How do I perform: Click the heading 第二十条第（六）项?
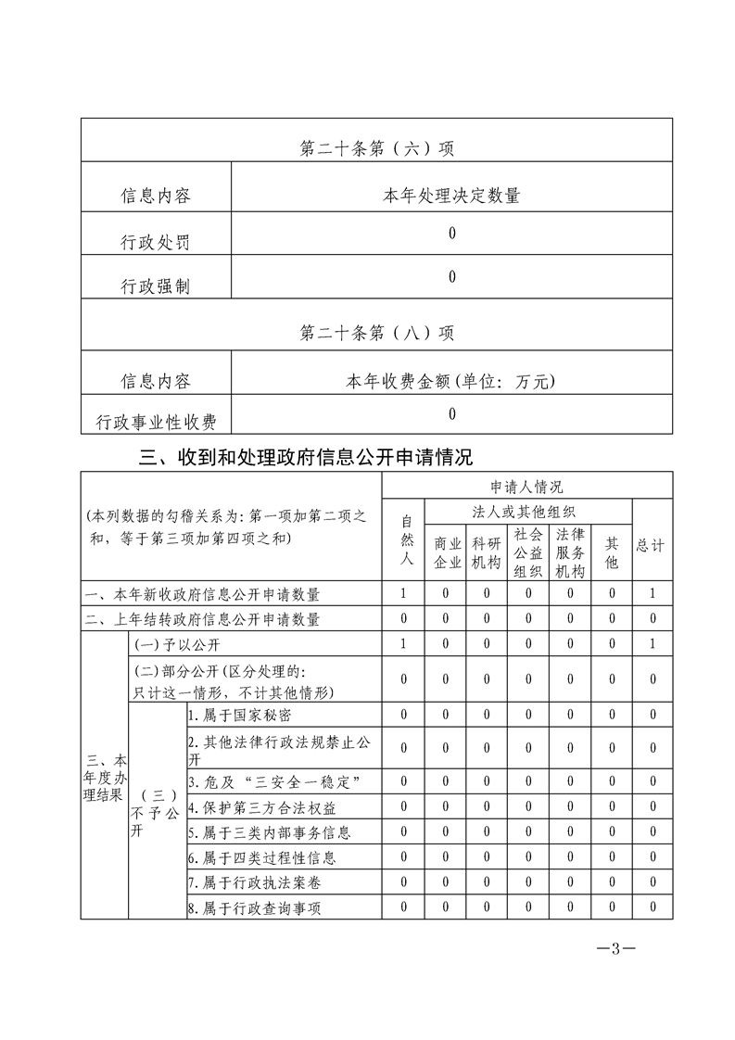pyautogui.click(x=377, y=148)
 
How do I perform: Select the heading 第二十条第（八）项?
pyautogui.click(x=377, y=332)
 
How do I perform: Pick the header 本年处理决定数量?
pyautogui.click(x=451, y=196)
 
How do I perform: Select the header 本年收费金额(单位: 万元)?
pyautogui.click(x=451, y=380)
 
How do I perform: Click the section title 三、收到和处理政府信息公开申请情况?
pyautogui.click(x=305, y=456)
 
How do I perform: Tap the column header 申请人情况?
pyautogui.click(x=526, y=486)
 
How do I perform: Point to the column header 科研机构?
pyautogui.click(x=487, y=552)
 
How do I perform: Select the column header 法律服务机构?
pyautogui.click(x=568, y=552)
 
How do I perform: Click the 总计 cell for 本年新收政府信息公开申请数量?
pyautogui.click(x=653, y=593)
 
